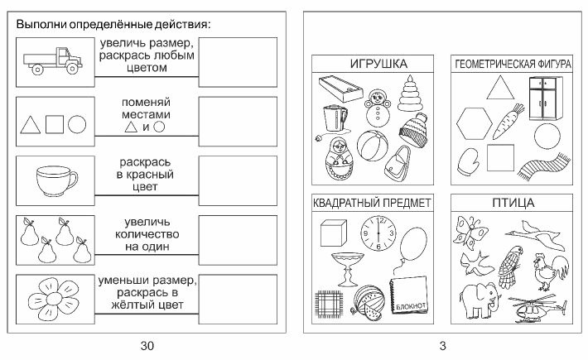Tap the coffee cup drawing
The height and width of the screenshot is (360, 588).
[x=56, y=181]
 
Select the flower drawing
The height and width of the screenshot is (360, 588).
[x=54, y=299]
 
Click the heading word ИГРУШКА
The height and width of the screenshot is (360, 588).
[x=378, y=64]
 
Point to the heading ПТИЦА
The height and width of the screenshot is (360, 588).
[x=513, y=203]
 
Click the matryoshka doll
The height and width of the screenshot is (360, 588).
[x=339, y=160]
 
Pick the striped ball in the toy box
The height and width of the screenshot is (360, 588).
[x=373, y=146]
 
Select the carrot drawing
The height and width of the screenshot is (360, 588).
[x=508, y=121]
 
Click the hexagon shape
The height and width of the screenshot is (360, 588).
[x=475, y=123]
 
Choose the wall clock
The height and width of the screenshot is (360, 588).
[x=378, y=233]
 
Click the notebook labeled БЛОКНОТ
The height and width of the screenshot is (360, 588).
[x=408, y=295]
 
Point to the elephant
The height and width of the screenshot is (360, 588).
[x=480, y=300]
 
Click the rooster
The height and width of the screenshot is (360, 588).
[x=551, y=271]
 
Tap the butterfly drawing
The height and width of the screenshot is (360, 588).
[x=470, y=233]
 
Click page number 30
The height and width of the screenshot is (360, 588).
[x=147, y=345]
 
